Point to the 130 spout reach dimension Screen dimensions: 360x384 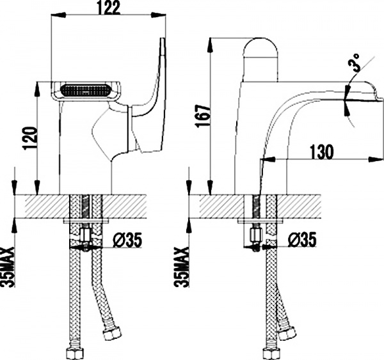(320, 152)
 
